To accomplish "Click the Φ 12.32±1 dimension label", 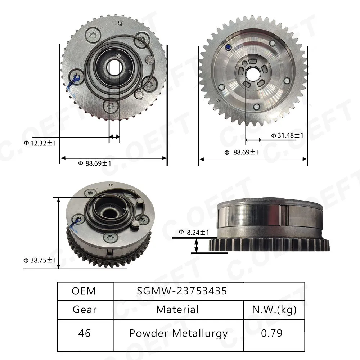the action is (x=40, y=143).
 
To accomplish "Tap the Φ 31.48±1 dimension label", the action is (x=287, y=135).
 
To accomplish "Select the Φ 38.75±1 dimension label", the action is (x=40, y=260).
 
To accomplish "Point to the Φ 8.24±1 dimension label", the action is (x=194, y=232).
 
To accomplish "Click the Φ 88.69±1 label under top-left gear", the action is (x=95, y=163).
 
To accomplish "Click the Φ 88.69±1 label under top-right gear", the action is (x=242, y=152).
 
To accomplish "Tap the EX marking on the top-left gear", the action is (x=120, y=23).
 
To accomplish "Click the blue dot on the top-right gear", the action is (x=228, y=48).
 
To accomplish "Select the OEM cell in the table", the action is (x=84, y=291).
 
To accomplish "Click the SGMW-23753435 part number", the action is (x=182, y=291).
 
